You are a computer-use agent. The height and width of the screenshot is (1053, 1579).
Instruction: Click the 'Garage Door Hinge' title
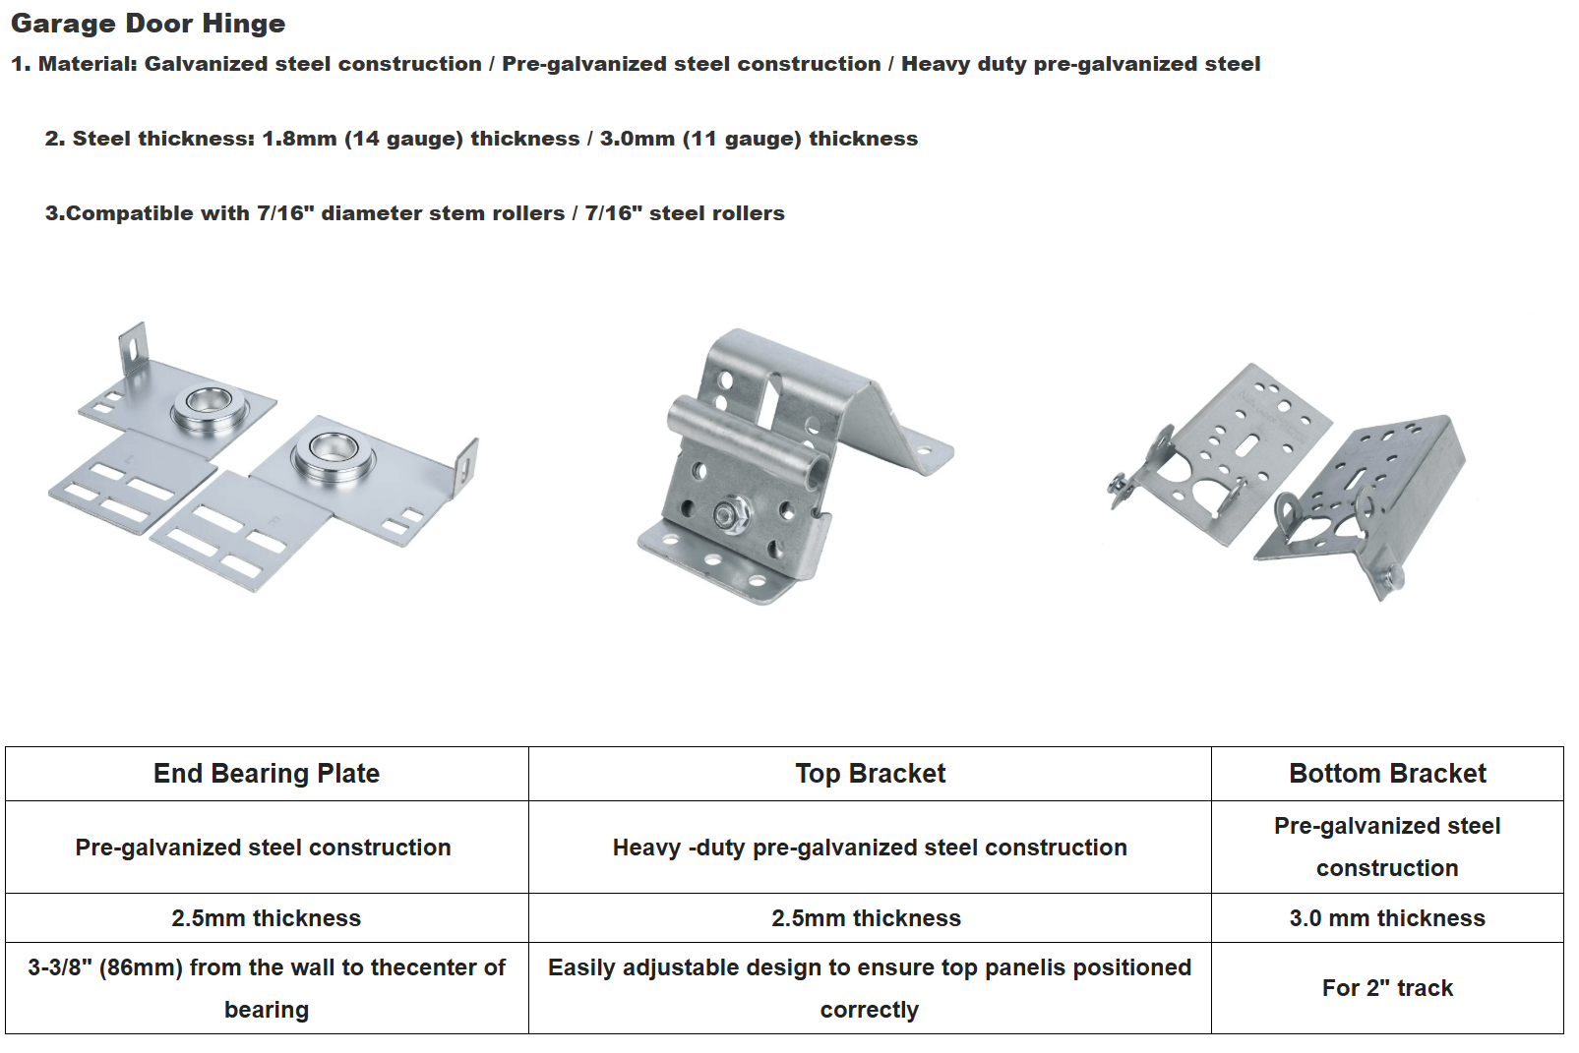148,24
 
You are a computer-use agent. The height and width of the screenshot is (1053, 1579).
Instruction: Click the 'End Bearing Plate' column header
266,774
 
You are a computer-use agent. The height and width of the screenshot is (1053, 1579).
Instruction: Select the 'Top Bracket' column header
870,774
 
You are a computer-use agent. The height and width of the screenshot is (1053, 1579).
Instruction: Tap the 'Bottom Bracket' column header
1387,774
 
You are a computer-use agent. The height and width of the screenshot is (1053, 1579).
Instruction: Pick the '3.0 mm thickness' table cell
1387,918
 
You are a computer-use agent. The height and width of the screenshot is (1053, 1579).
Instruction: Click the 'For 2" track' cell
1387,988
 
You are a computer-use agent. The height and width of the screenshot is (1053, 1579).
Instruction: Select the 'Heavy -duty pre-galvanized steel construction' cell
870,848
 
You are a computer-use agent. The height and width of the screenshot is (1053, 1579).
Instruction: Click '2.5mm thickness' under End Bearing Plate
266,918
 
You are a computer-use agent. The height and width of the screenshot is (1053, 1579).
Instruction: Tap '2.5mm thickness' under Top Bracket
866,918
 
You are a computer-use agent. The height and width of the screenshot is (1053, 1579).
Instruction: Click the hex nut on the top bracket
730,512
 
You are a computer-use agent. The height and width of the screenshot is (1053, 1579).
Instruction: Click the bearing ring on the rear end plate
211,406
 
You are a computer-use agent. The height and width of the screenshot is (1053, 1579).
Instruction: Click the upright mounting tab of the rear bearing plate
134,348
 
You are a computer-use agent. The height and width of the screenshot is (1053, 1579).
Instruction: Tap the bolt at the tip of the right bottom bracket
1391,581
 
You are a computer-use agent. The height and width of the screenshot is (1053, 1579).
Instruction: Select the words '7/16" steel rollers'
685,213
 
